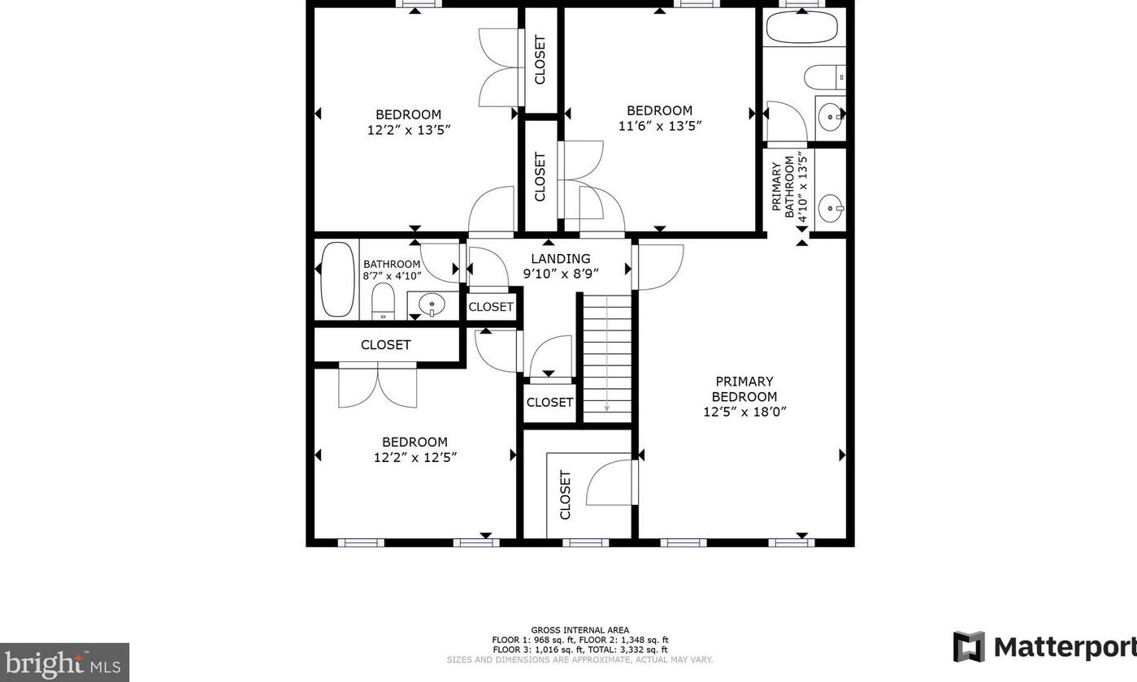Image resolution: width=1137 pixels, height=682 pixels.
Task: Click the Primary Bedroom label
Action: pyautogui.click(x=744, y=389)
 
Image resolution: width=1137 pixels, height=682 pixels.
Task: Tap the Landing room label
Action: pyautogui.click(x=561, y=259)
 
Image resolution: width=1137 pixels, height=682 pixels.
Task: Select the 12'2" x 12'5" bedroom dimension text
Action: pyautogui.click(x=415, y=458)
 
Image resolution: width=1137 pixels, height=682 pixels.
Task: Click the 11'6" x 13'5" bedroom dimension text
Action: pyautogui.click(x=660, y=126)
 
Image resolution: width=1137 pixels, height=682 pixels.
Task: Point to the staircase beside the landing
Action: pyautogui.click(x=607, y=357)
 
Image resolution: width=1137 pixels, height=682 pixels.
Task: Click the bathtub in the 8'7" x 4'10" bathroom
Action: pyautogui.click(x=337, y=280)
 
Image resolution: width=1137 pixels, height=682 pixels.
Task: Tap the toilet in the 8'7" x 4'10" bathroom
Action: pyautogui.click(x=383, y=301)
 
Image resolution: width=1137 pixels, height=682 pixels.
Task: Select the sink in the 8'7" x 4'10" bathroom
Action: pyautogui.click(x=432, y=305)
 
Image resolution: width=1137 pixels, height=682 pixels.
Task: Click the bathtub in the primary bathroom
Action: pyautogui.click(x=801, y=28)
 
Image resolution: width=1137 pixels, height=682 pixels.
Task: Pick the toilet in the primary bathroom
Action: pyautogui.click(x=824, y=77)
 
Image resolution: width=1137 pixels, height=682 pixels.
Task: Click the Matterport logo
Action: pyautogui.click(x=1044, y=647)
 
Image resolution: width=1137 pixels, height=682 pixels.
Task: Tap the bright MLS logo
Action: pyautogui.click(x=64, y=663)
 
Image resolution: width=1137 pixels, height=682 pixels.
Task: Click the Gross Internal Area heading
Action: pyautogui.click(x=579, y=630)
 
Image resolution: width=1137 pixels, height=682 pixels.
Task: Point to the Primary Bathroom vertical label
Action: pyautogui.click(x=783, y=188)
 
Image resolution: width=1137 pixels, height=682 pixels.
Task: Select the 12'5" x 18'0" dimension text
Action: pyautogui.click(x=744, y=412)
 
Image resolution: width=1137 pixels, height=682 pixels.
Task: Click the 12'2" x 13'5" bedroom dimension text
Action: pyautogui.click(x=409, y=130)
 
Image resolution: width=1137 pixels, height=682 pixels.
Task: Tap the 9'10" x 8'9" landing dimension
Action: pyautogui.click(x=561, y=274)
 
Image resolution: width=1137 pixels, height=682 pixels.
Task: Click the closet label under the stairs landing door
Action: pyautogui.click(x=549, y=403)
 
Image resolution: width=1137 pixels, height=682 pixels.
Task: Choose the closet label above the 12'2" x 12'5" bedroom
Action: pyautogui.click(x=386, y=345)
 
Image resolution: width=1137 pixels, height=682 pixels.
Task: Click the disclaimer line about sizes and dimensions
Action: pyautogui.click(x=579, y=660)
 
